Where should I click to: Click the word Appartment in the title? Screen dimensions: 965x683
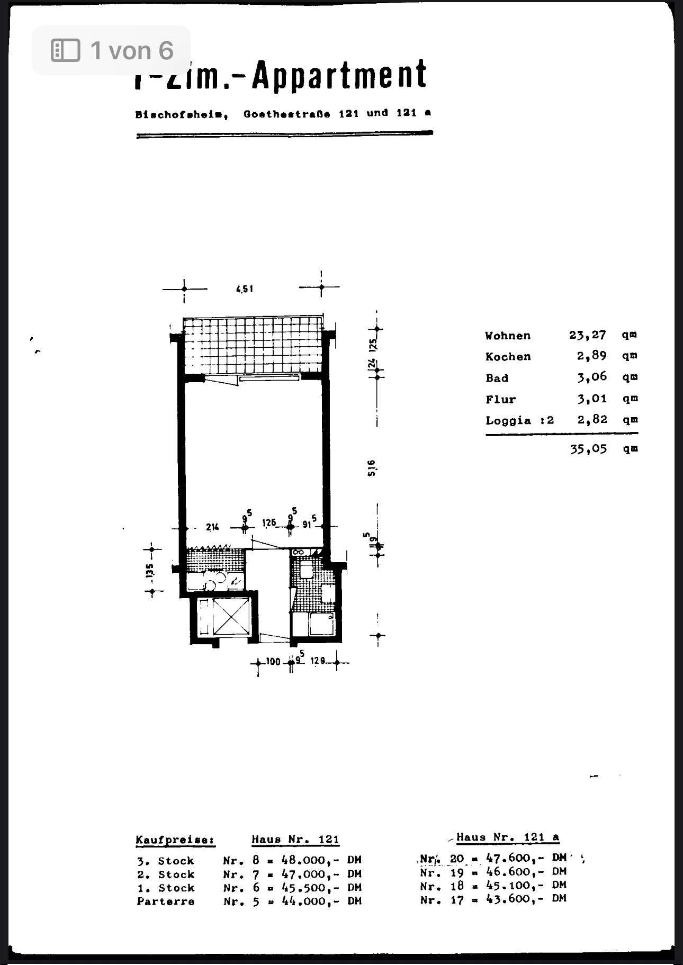pyautogui.click(x=339, y=74)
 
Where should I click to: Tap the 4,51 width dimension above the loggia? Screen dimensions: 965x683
pyautogui.click(x=245, y=289)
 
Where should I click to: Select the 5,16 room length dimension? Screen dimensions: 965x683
pyautogui.click(x=372, y=467)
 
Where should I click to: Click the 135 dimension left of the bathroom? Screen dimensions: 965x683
pyautogui.click(x=150, y=570)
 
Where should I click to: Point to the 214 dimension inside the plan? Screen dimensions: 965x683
pyautogui.click(x=213, y=527)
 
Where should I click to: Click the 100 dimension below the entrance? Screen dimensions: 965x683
pyautogui.click(x=273, y=662)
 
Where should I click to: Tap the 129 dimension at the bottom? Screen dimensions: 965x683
pyautogui.click(x=318, y=661)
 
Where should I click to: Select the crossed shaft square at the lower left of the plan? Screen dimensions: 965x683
pyautogui.click(x=222, y=617)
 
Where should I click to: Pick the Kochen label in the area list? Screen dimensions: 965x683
pyautogui.click(x=508, y=357)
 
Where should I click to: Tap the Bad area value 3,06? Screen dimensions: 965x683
pyautogui.click(x=592, y=377)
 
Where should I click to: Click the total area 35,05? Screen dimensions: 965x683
pyautogui.click(x=588, y=449)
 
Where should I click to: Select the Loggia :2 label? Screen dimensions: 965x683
pyautogui.click(x=519, y=420)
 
